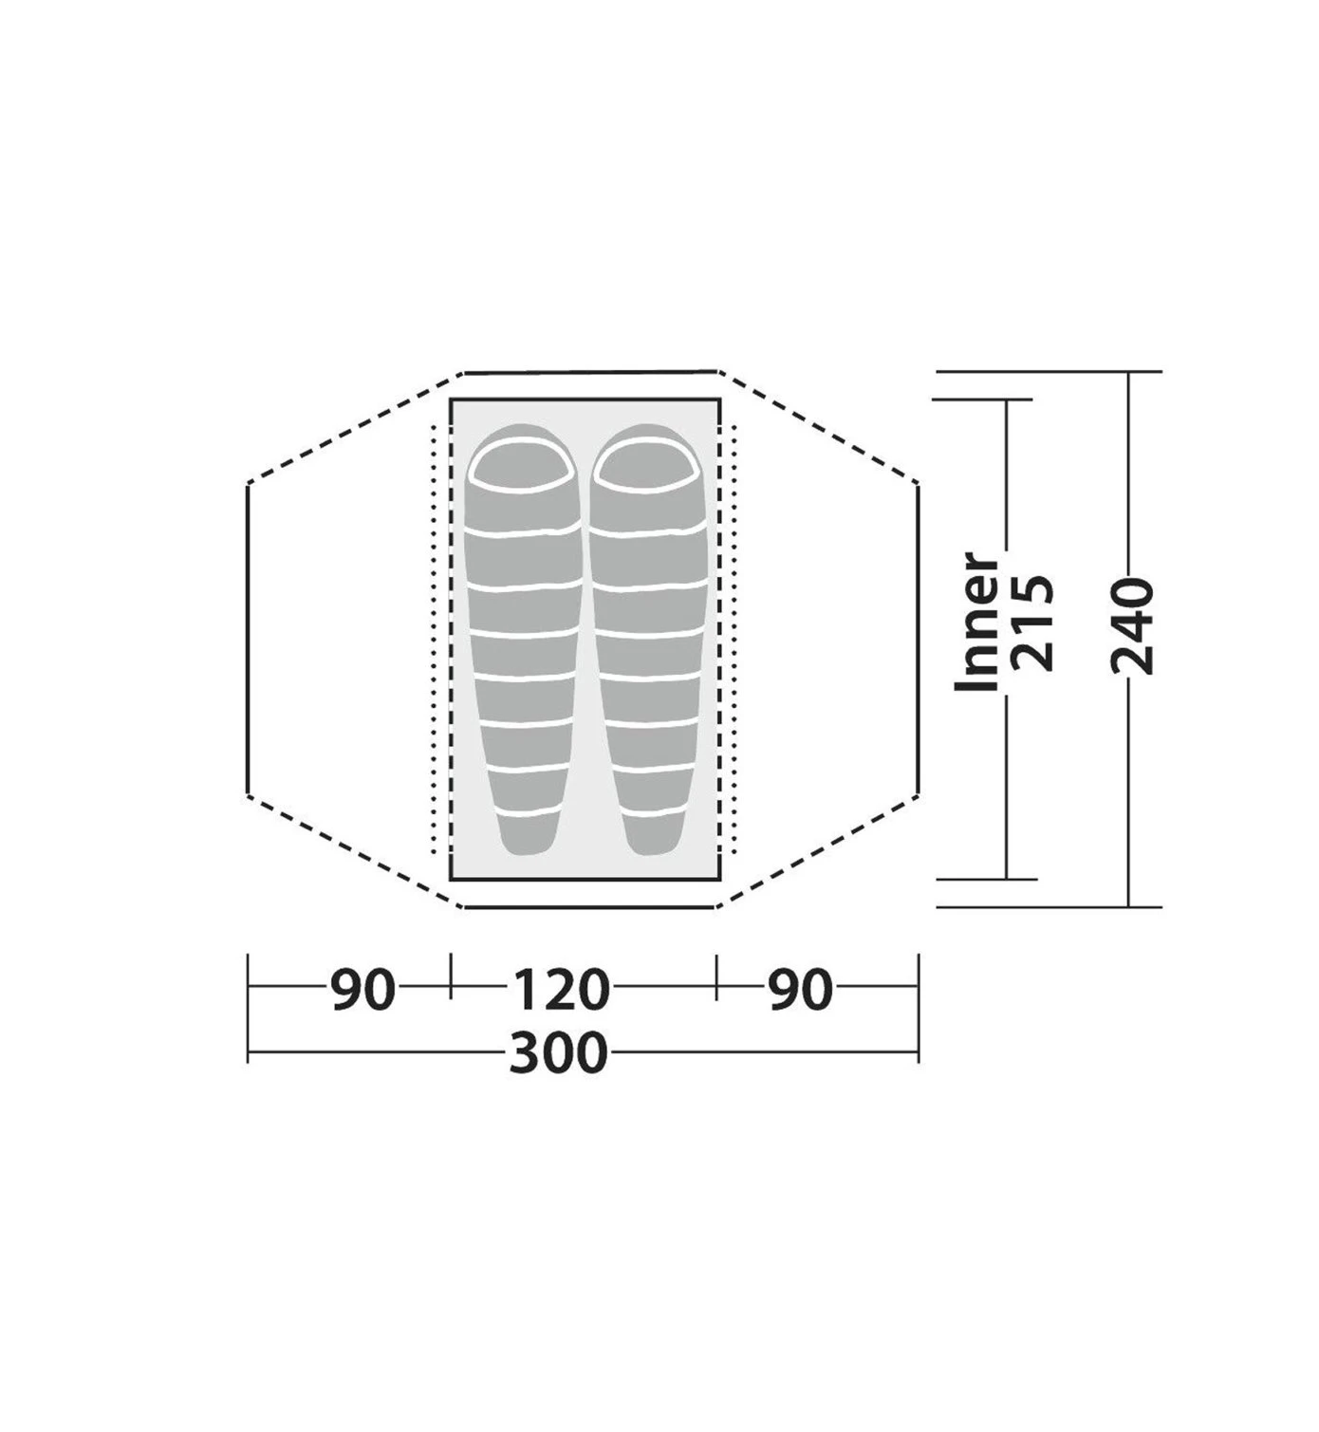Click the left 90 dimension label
(x=362, y=990)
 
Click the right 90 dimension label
(x=801, y=990)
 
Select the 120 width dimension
(x=561, y=990)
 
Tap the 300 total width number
(x=559, y=1051)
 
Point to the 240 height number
(x=1133, y=626)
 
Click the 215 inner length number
(x=1034, y=622)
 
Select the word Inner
(x=976, y=621)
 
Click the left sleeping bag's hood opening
(x=523, y=464)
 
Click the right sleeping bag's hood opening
(x=647, y=464)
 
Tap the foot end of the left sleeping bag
(x=527, y=835)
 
